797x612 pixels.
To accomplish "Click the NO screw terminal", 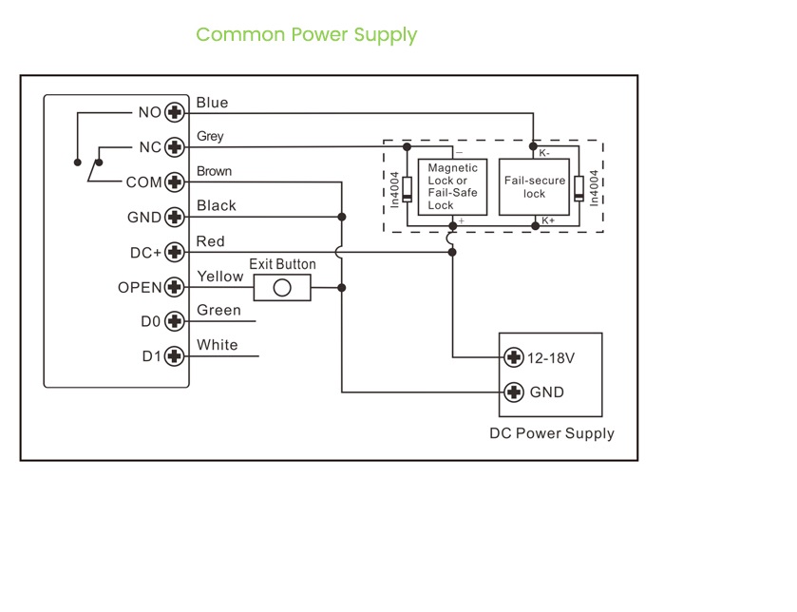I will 174,112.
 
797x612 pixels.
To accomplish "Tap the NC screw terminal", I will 174,147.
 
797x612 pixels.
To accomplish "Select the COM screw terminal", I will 174,182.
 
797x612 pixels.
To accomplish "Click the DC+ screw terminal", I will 174,252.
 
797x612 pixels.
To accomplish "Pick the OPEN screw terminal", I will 174,287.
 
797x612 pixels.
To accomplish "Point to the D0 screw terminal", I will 174,321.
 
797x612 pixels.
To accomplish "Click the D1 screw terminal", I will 174,356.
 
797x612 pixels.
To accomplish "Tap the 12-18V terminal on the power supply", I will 514,357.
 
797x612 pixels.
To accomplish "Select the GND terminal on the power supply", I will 514,392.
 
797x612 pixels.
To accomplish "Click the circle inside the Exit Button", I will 281,287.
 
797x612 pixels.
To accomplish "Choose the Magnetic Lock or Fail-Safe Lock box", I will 453,186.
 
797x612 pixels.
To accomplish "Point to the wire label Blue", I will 212,103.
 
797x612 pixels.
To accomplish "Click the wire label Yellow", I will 219,277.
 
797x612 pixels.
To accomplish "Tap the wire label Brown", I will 214,172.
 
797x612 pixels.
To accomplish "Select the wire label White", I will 217,345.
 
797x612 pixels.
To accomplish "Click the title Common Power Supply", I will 306,35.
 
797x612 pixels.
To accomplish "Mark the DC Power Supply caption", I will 551,433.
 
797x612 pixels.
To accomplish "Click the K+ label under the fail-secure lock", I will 547,220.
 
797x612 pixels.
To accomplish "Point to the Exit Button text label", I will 282,264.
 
